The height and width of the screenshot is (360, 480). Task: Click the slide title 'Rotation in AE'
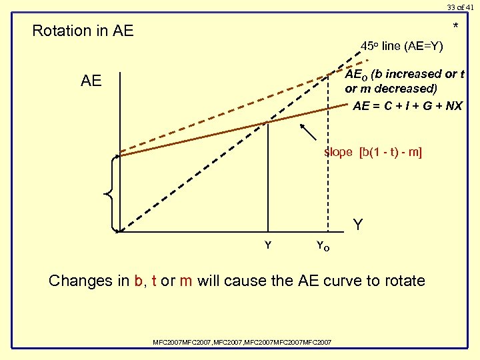(83, 31)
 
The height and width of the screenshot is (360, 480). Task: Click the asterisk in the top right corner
(456, 27)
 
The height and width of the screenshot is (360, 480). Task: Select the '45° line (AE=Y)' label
(401, 47)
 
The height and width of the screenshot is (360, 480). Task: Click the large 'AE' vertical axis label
(91, 81)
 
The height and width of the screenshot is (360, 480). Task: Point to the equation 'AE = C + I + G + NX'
(407, 106)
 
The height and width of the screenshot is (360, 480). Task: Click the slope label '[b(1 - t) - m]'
(390, 152)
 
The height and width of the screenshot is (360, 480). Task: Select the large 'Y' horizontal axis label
(358, 225)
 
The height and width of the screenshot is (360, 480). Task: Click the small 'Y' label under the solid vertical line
(268, 245)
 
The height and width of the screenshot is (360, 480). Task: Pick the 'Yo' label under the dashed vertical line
(322, 247)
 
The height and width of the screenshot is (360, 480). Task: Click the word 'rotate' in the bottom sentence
(403, 281)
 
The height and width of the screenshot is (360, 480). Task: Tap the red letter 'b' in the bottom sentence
(139, 281)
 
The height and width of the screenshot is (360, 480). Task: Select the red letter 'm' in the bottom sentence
(185, 281)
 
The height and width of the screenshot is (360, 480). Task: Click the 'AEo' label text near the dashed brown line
(355, 74)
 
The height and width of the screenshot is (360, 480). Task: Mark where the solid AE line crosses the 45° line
(267, 121)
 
